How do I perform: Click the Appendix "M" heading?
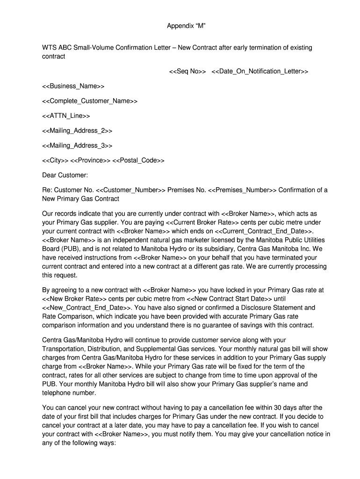coord(186,26)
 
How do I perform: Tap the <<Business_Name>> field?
coord(73,86)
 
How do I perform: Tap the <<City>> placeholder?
coord(55,160)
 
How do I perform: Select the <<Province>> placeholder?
coord(90,160)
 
